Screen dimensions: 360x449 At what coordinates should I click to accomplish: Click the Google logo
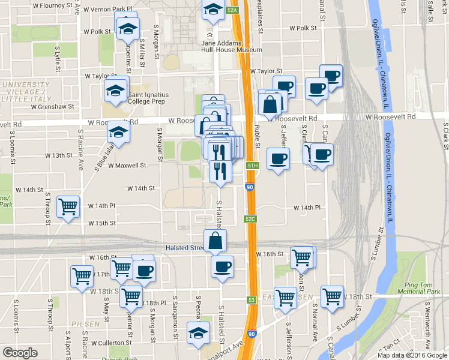point(20,353)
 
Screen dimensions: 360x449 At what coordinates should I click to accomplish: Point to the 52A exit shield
point(233,10)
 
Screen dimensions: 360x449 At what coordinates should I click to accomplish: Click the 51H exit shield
point(253,165)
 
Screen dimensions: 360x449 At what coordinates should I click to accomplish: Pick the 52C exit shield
point(250,219)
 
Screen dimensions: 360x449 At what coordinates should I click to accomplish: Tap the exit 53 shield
point(251,299)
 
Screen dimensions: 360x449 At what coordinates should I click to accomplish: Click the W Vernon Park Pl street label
point(107,10)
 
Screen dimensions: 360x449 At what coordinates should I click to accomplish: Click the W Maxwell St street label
point(127,165)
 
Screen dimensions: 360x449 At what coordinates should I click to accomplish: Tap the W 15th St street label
point(101,223)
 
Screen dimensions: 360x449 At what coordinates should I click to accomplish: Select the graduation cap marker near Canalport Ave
point(198,333)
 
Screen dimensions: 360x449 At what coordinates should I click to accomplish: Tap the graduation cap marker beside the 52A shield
point(212,10)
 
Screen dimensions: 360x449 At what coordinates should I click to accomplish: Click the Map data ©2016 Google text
point(411,355)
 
